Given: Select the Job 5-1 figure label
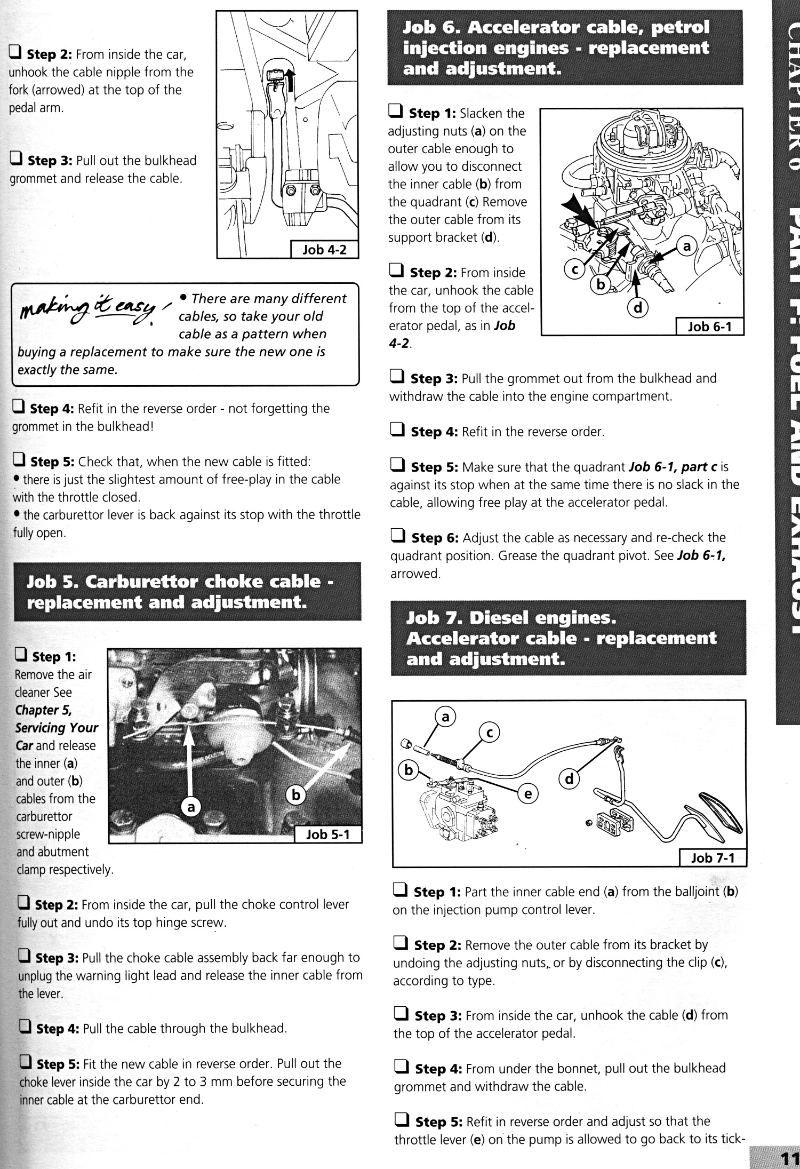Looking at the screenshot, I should pyautogui.click(x=327, y=834).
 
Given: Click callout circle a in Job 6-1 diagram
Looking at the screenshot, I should pyautogui.click(x=687, y=246).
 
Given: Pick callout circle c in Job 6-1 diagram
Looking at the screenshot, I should pyautogui.click(x=575, y=270).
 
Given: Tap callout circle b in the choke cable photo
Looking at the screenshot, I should pyautogui.click(x=296, y=795).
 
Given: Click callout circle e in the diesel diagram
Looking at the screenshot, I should pyautogui.click(x=528, y=794).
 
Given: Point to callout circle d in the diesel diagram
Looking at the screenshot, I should pyautogui.click(x=569, y=780).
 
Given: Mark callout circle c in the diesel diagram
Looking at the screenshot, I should pyautogui.click(x=490, y=733).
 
